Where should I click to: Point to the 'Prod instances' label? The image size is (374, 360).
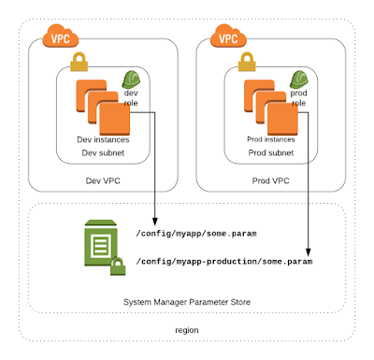269,139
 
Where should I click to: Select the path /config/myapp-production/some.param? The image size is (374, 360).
223,263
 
